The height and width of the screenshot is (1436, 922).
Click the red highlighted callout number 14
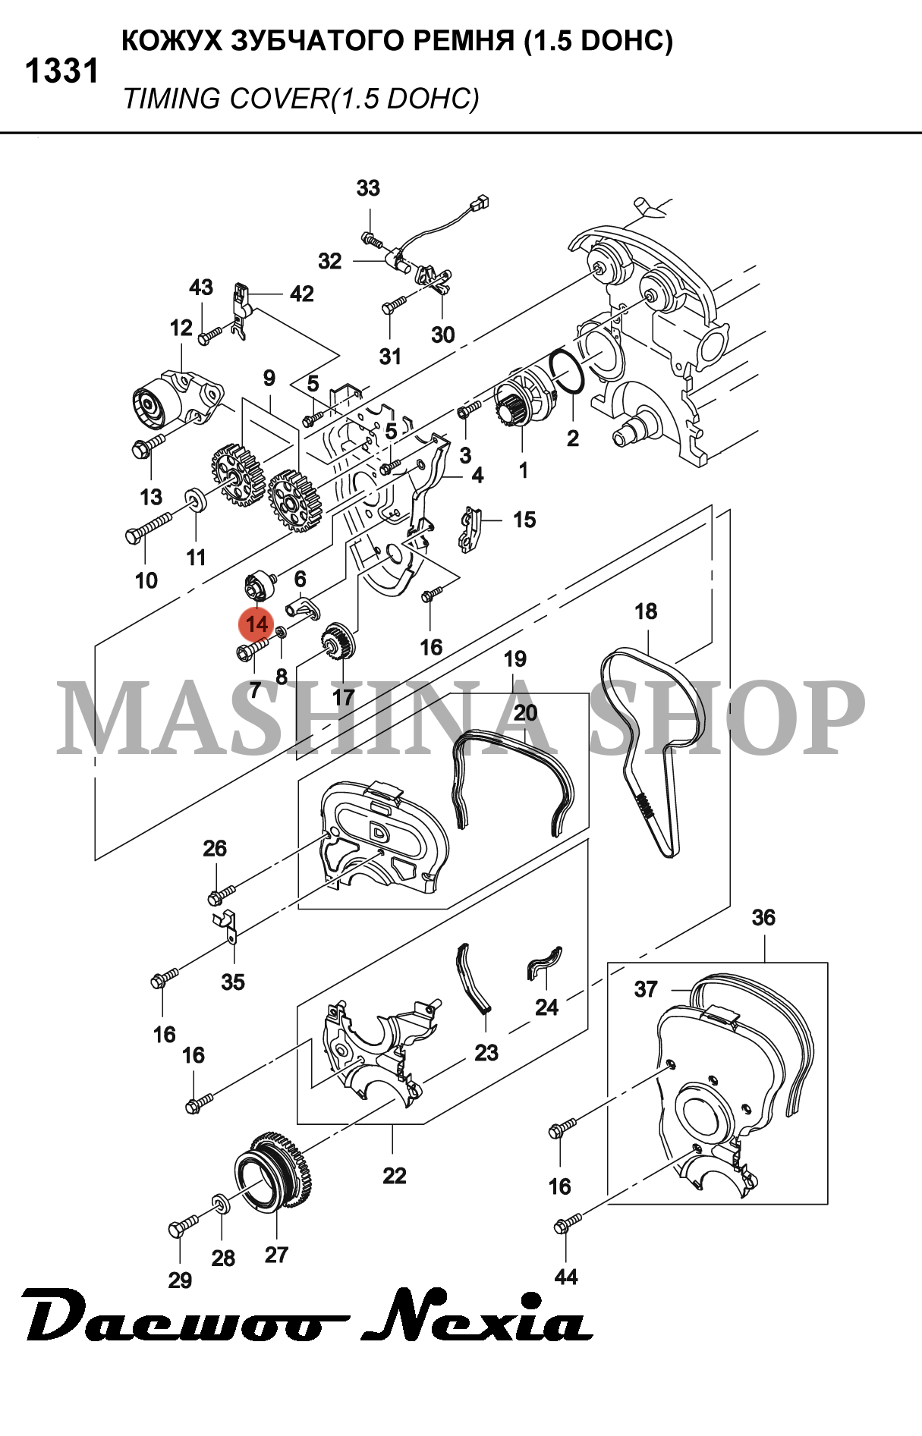(256, 624)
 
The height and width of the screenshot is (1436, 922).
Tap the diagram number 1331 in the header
(62, 71)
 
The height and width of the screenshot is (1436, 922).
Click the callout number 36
(763, 917)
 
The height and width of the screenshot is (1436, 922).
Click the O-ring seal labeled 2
(565, 372)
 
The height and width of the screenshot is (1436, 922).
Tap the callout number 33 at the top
(368, 187)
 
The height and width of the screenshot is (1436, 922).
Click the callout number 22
(395, 1175)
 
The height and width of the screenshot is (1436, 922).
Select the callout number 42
(301, 294)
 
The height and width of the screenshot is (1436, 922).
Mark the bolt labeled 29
(182, 1226)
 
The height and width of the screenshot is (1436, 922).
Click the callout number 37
(646, 989)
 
